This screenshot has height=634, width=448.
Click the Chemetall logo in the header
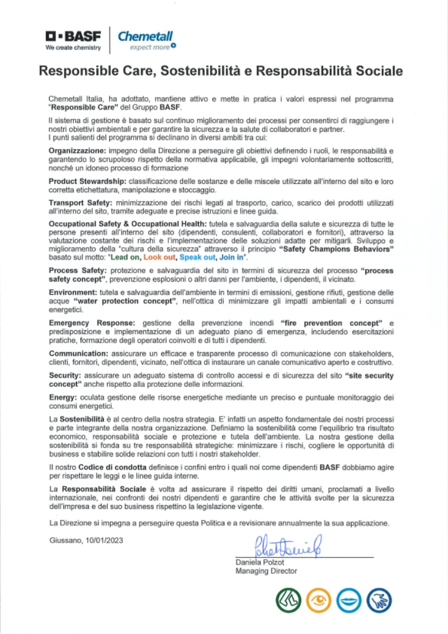click(145, 39)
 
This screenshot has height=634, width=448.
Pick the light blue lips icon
click(349, 601)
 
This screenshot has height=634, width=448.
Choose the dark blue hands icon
click(380, 601)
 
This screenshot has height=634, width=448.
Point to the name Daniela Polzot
click(260, 562)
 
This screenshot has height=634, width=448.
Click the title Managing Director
click(266, 571)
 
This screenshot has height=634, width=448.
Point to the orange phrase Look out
click(160, 258)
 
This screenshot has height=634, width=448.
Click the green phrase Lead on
click(126, 258)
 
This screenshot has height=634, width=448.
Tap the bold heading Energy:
click(62, 398)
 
